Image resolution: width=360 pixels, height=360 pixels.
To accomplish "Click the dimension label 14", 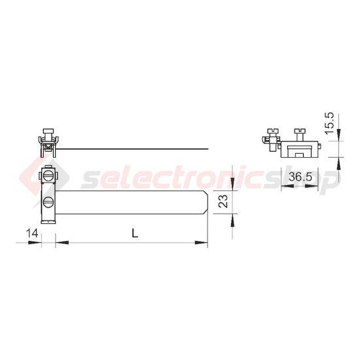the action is pos(32,234).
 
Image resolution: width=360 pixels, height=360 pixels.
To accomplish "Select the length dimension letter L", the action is pos(135,234).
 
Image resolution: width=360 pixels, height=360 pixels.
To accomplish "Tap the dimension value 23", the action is pos(223,202).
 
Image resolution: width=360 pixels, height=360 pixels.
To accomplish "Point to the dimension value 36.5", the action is pos(300,177).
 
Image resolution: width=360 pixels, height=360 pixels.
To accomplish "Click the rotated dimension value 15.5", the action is pos(329,123).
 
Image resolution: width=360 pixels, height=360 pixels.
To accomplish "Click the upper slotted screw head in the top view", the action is pos(48,177).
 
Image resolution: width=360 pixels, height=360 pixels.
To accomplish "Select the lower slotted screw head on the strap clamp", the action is pos(48,202).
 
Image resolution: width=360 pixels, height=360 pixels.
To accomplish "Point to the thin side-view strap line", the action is pos(132,149).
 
